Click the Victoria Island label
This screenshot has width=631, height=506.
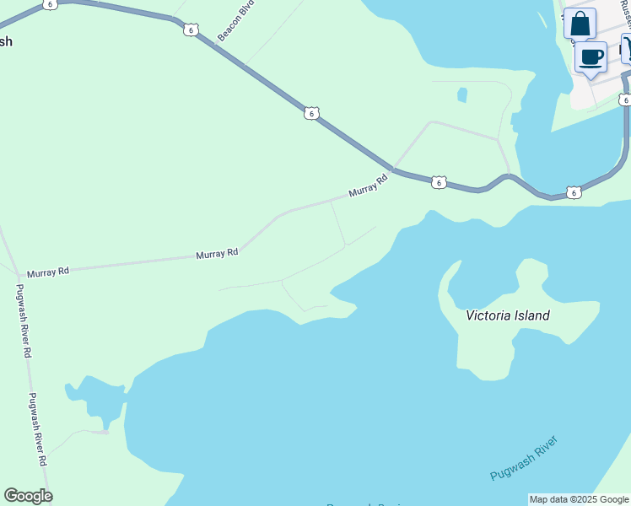[508, 315]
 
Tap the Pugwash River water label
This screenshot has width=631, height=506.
[524, 459]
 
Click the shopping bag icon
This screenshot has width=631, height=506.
[580, 23]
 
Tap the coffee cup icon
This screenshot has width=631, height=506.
[591, 57]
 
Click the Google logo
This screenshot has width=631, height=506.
[28, 496]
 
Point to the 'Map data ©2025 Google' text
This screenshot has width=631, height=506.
[579, 499]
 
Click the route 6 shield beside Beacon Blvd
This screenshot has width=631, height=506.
[191, 30]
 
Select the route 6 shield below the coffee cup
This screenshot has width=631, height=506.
[623, 100]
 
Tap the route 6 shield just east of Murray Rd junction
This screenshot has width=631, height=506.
[438, 181]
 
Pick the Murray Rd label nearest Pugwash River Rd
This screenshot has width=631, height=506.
[47, 272]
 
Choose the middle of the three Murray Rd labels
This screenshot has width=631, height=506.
[217, 253]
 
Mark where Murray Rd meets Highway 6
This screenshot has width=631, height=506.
[393, 170]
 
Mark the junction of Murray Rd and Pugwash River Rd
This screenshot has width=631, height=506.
[18, 275]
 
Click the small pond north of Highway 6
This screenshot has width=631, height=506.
[461, 94]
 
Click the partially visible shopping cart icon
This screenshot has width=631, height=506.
[626, 48]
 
